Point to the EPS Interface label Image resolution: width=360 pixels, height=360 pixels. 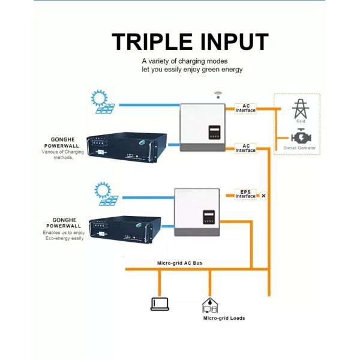pyautogui.click(x=245, y=194)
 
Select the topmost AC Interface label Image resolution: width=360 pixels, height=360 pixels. pyautogui.click(x=245, y=108)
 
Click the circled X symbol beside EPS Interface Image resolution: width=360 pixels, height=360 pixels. pyautogui.click(x=263, y=196)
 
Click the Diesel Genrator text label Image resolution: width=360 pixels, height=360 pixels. pyautogui.click(x=299, y=148)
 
